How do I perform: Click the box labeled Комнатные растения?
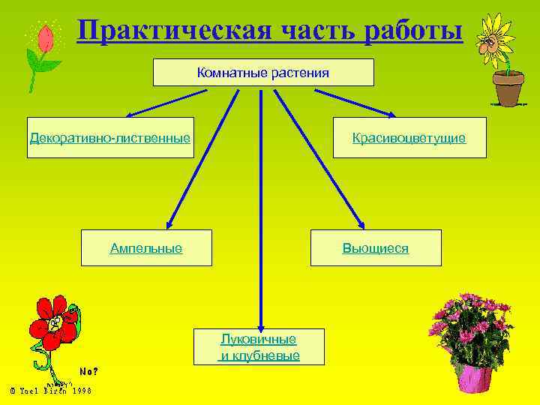click(263, 73)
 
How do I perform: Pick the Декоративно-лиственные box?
click(110, 137)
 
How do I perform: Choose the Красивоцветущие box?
click(409, 137)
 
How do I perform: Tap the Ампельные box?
click(146, 247)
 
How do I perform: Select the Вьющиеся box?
click(376, 247)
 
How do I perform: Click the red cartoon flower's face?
click(54, 322)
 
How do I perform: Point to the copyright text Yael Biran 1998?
click(50, 390)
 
